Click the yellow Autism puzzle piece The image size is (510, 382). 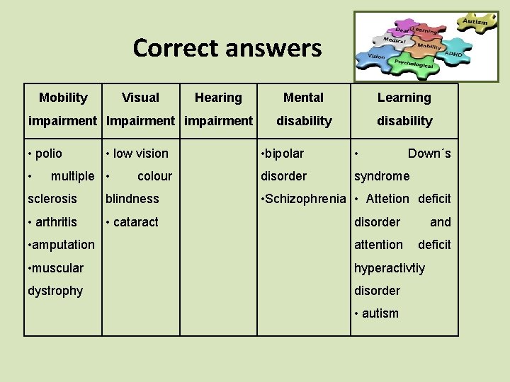coord(475,21)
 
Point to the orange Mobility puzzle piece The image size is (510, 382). coord(429,45)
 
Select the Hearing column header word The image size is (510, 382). coord(218,98)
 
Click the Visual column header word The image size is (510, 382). coord(140,98)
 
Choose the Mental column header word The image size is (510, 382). coord(303,98)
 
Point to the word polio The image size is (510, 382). coord(48,154)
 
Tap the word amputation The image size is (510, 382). coord(63,245)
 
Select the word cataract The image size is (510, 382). coord(136,221)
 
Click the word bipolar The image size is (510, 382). coord(285,154)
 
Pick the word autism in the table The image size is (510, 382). coord(380,313)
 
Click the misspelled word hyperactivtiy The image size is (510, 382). coord(390,267)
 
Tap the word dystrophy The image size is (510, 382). coord(55,291)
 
